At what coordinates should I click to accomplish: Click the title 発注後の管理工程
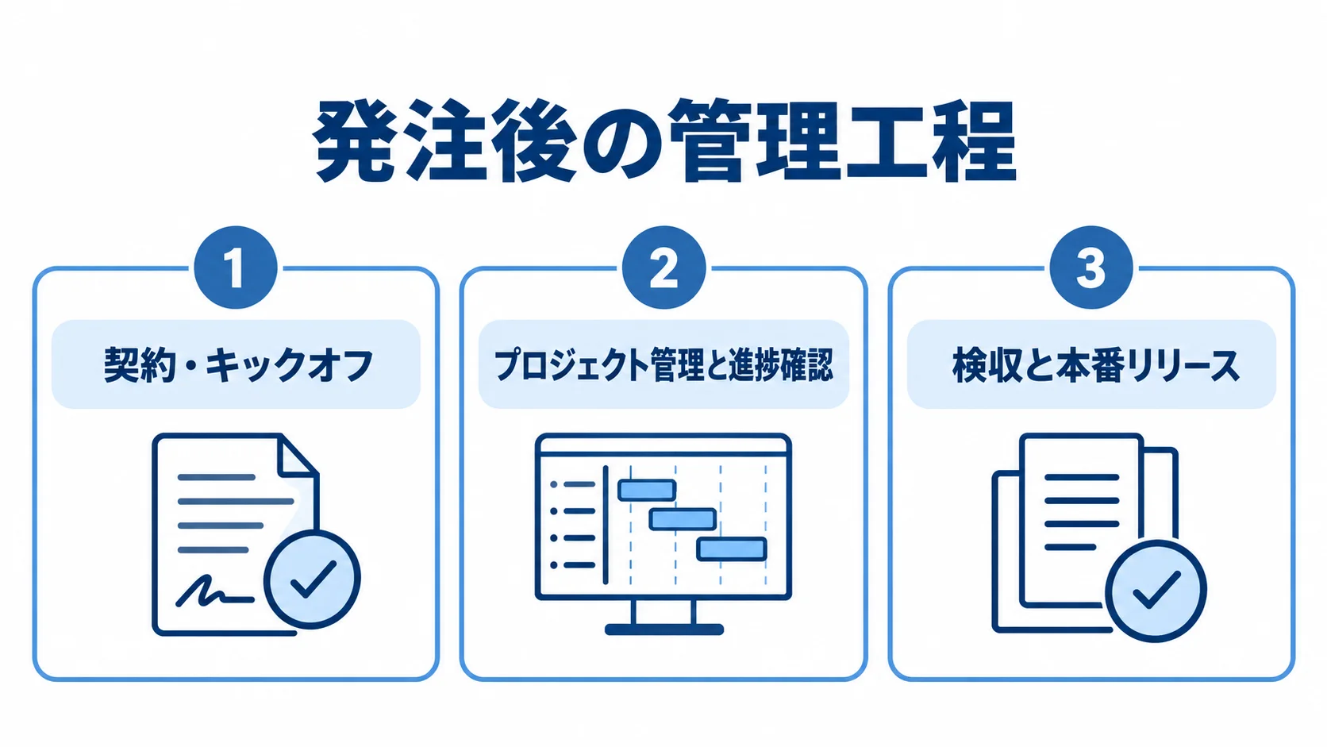[663, 141]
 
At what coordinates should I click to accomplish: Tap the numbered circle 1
[236, 268]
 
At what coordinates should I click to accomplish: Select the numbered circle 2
[663, 268]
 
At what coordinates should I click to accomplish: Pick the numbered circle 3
[1091, 268]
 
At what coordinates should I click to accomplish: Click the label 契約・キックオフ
[239, 365]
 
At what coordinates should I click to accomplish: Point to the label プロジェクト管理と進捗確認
[663, 365]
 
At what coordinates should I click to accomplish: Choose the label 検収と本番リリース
[1096, 365]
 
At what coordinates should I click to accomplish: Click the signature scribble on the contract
[214, 591]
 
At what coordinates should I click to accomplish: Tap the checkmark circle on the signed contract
[312, 579]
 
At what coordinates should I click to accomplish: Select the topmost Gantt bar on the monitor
[647, 490]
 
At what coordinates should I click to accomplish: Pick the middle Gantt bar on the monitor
[683, 519]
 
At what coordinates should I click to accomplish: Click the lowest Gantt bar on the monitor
[732, 549]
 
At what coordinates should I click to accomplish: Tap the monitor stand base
[664, 629]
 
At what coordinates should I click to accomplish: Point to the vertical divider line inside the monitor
[606, 524]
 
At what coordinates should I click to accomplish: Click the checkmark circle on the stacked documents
[1156, 591]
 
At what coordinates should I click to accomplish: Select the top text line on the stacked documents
[1082, 477]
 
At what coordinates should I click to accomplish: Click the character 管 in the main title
[710, 141]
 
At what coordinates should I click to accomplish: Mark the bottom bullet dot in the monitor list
[554, 565]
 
